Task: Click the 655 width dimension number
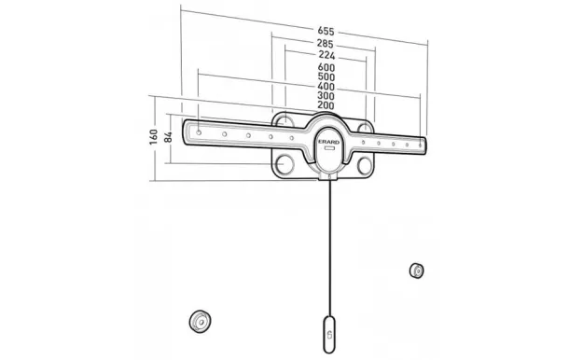[325, 31]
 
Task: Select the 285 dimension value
[325, 43]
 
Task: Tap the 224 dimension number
[326, 55]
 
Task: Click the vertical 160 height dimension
[153, 136]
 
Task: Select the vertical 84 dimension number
[168, 137]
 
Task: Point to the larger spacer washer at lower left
[198, 320]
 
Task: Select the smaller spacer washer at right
[416, 271]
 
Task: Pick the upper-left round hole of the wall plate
[285, 122]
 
